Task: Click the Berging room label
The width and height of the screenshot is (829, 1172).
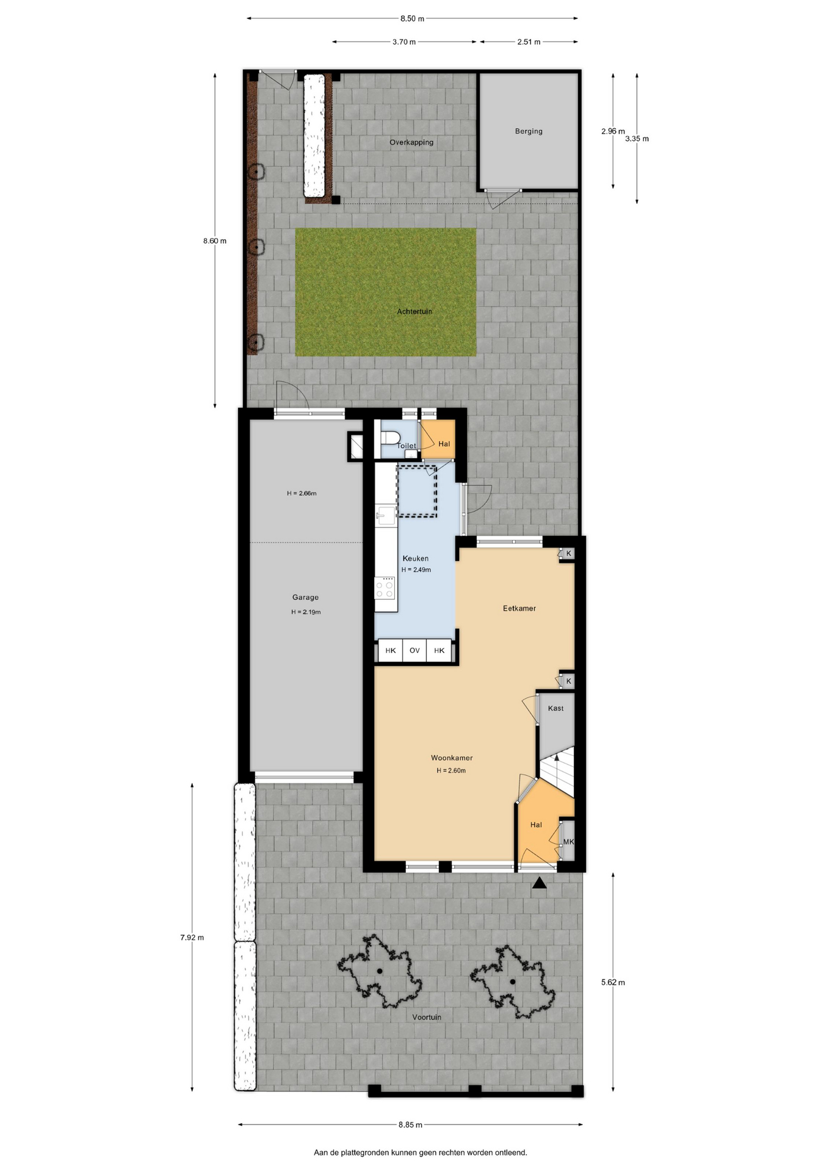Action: pos(529,131)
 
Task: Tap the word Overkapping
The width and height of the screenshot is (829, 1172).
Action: pos(411,143)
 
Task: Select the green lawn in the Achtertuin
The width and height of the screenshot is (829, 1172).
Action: pos(386,292)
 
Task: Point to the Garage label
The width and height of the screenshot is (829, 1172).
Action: pos(305,598)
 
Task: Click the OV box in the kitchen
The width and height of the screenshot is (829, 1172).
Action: pos(415,651)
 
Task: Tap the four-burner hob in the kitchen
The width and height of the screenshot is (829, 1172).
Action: pos(385,589)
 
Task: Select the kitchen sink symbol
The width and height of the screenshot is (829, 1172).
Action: pos(385,516)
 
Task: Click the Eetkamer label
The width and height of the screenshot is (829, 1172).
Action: pos(519,609)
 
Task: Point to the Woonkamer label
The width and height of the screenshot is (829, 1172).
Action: pos(452,758)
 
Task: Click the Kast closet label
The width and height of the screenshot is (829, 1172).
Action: pos(556,709)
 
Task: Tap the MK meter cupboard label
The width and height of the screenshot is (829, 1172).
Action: pos(568,842)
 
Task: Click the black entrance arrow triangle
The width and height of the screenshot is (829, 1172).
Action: pos(539,883)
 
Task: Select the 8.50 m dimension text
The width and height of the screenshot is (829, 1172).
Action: pos(412,19)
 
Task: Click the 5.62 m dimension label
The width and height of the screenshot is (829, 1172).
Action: pos(613,983)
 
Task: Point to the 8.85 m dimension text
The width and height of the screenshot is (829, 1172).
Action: pos(410,1125)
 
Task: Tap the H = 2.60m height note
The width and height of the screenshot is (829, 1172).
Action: pos(451,771)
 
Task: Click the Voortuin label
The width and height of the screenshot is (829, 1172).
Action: pos(427,1018)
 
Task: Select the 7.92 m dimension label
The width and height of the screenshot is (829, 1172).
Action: pos(192,938)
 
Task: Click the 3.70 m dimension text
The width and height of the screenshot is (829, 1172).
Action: pos(404,42)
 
